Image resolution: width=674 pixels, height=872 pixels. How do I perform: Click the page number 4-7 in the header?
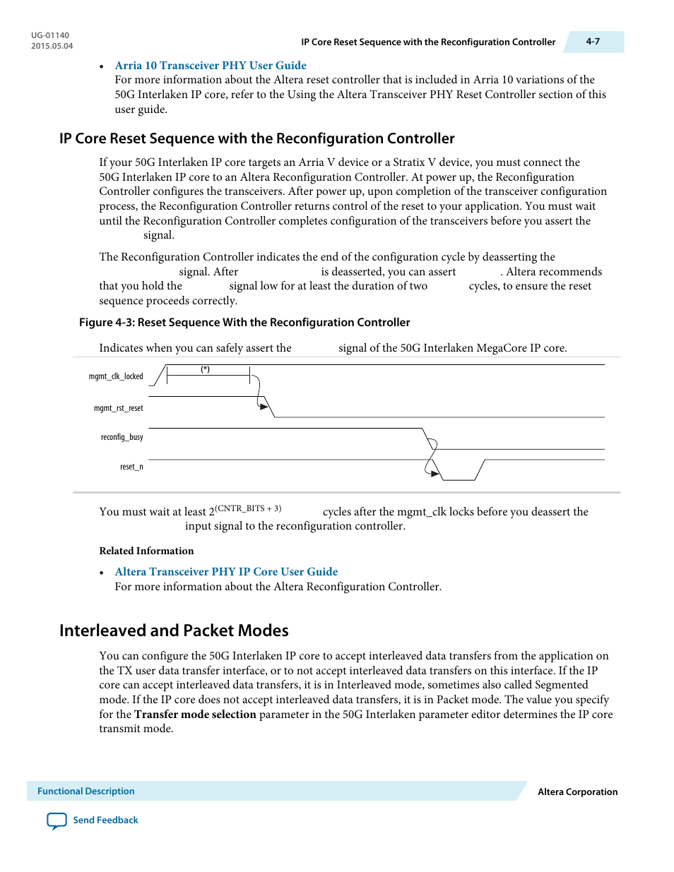[593, 42]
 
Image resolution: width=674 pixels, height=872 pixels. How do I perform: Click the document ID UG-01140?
[50, 35]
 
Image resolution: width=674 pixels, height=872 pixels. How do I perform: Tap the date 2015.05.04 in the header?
[52, 47]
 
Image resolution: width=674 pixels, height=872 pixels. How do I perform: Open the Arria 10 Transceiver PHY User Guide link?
[211, 66]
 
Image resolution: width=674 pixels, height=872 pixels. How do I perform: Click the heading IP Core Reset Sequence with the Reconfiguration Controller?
[256, 138]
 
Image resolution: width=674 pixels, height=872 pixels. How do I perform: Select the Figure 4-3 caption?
[244, 323]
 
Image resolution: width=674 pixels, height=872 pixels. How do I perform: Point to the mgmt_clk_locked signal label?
[116, 376]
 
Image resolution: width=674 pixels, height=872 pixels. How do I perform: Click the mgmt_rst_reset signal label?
[118, 408]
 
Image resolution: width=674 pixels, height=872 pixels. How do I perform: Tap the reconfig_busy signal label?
[122, 438]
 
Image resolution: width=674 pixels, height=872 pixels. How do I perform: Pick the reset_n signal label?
[131, 467]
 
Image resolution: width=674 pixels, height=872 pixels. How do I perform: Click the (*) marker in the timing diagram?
[205, 369]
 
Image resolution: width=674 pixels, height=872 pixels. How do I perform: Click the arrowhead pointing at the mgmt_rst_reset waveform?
[264, 407]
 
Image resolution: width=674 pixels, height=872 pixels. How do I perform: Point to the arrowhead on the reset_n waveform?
[435, 473]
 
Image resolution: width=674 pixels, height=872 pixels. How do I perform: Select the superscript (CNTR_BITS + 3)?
[248, 508]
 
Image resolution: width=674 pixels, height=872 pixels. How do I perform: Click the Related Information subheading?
[146, 551]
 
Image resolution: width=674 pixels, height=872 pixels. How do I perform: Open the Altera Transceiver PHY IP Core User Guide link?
[226, 572]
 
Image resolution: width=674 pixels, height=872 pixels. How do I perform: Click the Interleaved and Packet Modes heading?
[174, 631]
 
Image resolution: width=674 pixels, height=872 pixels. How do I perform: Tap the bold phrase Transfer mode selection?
[195, 715]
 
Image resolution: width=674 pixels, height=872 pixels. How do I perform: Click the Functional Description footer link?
[85, 792]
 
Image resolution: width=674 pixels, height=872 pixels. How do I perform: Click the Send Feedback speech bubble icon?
[57, 820]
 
